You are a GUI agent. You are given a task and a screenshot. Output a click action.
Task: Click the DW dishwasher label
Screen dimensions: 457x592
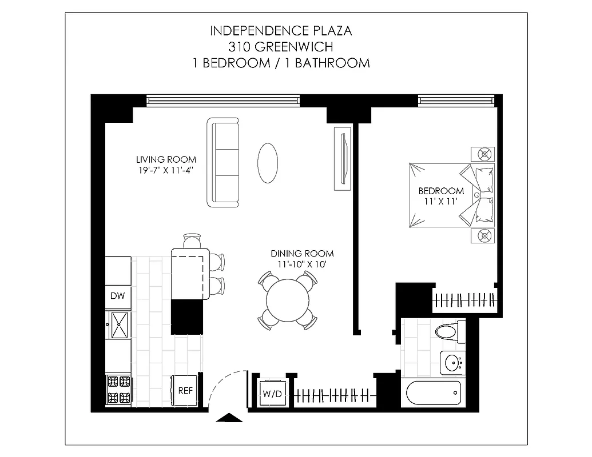pos(117,296)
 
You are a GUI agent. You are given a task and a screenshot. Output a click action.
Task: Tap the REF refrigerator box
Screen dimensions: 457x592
pos(185,391)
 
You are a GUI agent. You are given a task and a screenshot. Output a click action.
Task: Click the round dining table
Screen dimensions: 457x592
pos(288,300)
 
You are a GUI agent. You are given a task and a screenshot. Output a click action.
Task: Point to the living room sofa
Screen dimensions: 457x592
pos(224,163)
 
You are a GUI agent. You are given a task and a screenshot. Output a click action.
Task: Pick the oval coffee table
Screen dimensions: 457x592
pos(268,162)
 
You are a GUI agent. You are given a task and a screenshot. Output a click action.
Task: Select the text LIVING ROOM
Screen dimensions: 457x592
pos(166,159)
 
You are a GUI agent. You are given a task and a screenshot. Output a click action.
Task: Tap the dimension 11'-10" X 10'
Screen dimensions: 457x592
pos(302,264)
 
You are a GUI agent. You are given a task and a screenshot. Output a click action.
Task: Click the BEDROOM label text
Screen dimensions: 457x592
pos(441,191)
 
